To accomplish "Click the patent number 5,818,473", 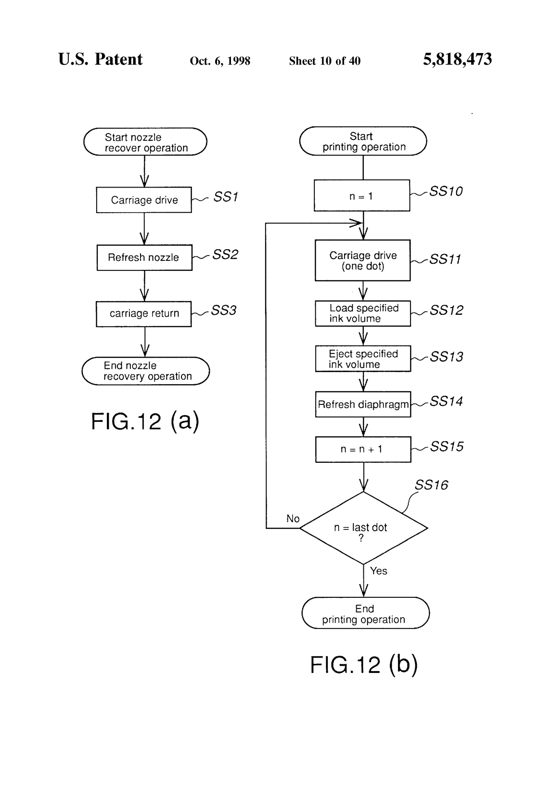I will click(x=457, y=59).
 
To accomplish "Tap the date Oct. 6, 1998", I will click(x=220, y=61).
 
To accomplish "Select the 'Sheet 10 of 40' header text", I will click(x=324, y=61).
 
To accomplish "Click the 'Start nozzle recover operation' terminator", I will click(x=145, y=142).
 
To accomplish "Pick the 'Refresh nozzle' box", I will click(x=144, y=257).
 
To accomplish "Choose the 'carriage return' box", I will click(x=144, y=314).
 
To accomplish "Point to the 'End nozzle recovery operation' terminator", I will click(x=146, y=371).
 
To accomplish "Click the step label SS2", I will click(x=225, y=255).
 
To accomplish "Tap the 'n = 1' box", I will click(x=362, y=196).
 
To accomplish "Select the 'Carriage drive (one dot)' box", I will click(x=362, y=260).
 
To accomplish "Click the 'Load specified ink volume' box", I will click(x=362, y=313).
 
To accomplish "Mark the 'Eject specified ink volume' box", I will click(x=362, y=358).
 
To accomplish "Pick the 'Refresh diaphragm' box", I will click(x=363, y=404).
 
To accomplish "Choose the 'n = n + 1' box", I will click(x=363, y=449).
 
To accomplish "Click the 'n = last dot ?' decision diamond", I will click(x=363, y=528).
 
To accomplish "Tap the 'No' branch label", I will click(x=293, y=519).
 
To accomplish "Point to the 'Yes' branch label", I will click(x=378, y=571).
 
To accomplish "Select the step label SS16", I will click(x=431, y=485).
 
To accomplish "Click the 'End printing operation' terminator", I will click(x=365, y=613).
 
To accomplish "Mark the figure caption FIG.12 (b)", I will click(x=364, y=664).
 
